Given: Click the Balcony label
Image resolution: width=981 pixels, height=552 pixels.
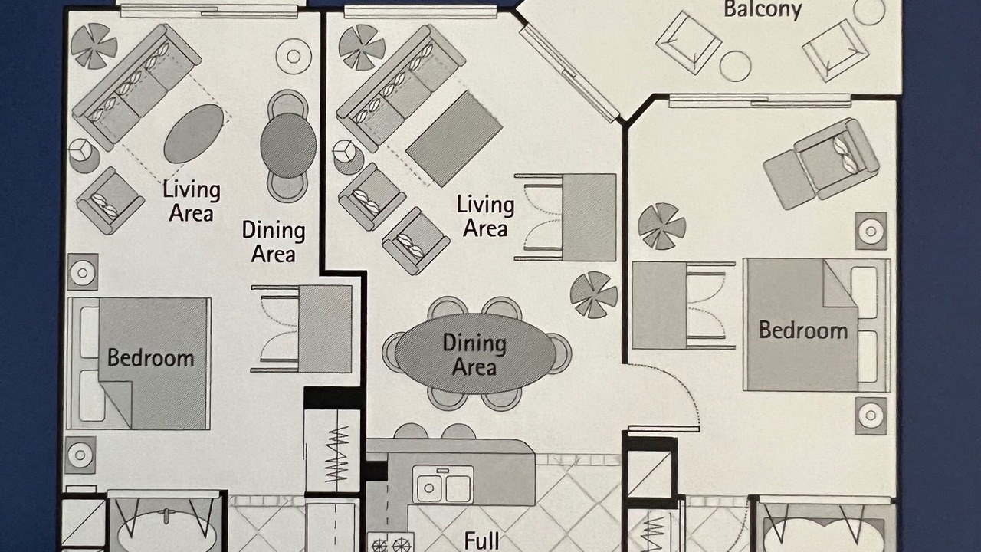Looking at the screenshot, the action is click(763, 10).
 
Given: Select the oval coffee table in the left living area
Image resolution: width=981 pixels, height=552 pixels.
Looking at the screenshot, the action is click(194, 133).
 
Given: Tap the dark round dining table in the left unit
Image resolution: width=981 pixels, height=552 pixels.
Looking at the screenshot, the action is click(288, 146).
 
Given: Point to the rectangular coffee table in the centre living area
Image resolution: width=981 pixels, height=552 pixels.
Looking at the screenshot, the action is click(454, 139).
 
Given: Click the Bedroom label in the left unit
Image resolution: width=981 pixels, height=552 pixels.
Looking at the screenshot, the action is click(151, 358).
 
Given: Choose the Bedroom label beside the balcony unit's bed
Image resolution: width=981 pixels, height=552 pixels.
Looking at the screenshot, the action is click(802, 330).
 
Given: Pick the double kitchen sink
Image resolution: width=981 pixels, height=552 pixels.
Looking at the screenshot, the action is click(443, 484).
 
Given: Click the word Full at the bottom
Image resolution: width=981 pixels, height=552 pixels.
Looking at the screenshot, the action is click(481, 541).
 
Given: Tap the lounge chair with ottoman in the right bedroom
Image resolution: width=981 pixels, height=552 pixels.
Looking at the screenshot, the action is click(821, 164).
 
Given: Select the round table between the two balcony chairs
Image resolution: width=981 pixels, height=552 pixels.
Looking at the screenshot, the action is click(735, 66).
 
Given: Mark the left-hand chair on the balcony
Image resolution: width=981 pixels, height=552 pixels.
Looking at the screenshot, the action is click(688, 42).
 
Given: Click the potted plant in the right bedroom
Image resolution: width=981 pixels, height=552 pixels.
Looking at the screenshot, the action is click(661, 226).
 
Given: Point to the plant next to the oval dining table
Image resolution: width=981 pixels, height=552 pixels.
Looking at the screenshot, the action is click(594, 294).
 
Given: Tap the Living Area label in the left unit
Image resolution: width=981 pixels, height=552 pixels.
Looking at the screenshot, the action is click(192, 202).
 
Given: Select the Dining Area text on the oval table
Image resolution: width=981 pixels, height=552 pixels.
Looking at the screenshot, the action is click(474, 354).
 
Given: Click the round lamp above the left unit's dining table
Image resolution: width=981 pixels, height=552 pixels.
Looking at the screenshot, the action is click(294, 57).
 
